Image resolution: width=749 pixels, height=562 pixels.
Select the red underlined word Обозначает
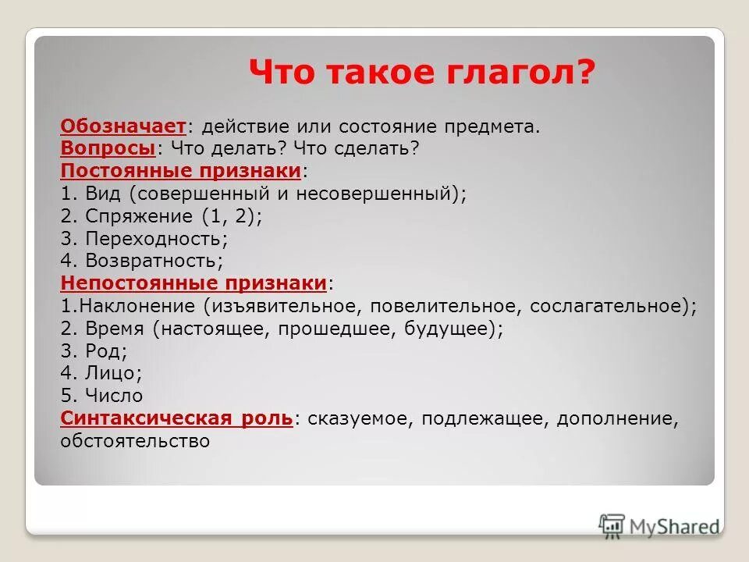point(123,126)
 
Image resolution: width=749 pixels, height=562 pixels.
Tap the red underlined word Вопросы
point(108,148)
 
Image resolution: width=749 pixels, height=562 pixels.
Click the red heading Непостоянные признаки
point(193,283)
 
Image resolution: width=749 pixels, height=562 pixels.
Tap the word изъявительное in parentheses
point(284,306)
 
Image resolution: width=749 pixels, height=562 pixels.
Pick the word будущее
point(448,329)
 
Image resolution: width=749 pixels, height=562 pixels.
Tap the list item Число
point(114,396)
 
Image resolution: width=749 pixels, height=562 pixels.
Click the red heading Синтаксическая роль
point(176,418)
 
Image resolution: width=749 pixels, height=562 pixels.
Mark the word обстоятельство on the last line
point(135,441)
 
